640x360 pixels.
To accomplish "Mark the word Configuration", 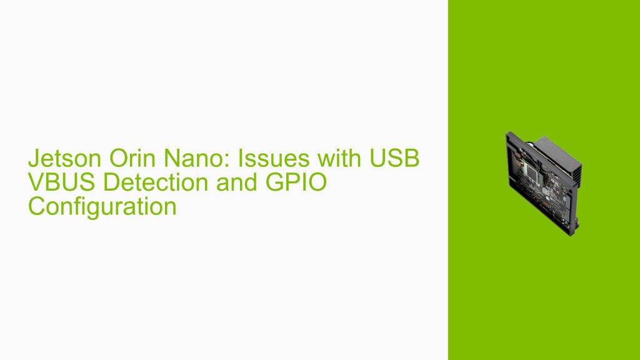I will pos(102,206).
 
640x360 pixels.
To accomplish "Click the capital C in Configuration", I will pos(36,206).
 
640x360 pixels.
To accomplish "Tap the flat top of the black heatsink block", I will pos(550,142).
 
